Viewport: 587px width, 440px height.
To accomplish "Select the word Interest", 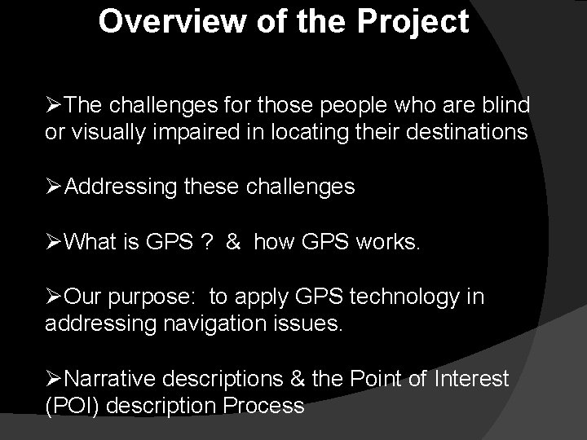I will click(x=473, y=379).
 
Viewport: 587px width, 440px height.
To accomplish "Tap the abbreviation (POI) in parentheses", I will click(x=73, y=406).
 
